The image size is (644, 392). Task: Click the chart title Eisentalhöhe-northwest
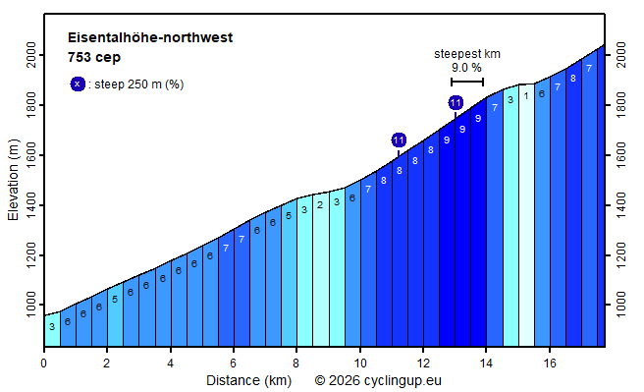pos(149,38)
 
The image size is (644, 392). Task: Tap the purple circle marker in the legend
pos(78,84)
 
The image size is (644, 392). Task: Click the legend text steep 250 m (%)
pos(139,84)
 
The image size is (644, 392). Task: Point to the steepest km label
pos(467,54)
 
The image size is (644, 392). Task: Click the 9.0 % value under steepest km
pos(466,68)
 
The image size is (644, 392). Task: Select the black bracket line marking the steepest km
pos(467,81)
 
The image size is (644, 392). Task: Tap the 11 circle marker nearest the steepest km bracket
pos(456,103)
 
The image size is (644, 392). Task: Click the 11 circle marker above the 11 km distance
pos(399,140)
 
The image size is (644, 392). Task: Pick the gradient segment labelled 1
pos(526,95)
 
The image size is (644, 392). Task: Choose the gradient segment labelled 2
pos(320,205)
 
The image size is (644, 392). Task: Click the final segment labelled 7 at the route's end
pos(589,68)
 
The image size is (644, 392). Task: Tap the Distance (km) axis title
pos(247,379)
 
